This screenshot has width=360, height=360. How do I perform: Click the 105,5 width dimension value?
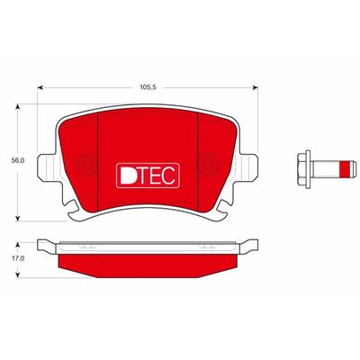[148, 87]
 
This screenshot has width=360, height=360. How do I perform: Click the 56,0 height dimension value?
[18, 161]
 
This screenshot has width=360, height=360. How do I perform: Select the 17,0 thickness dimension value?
[18, 258]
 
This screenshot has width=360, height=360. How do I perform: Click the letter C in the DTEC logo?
[168, 175]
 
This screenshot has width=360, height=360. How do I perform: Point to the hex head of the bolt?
[303, 169]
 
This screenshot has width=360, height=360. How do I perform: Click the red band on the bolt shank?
[346, 169]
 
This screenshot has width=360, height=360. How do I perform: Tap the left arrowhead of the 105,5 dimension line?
[40, 87]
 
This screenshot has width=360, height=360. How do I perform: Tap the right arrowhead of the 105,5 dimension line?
[255, 87]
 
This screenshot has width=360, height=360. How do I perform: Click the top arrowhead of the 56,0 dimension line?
[18, 108]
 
